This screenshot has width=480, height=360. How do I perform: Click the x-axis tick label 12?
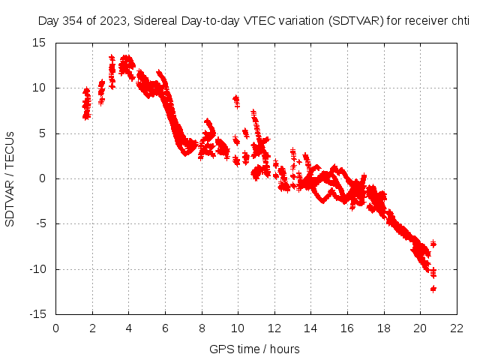[274, 328]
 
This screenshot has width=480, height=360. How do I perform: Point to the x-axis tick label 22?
[457, 328]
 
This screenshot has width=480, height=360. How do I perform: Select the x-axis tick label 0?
[56, 328]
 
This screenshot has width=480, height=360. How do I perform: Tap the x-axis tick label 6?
[166, 328]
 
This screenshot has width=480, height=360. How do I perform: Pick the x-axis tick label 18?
[384, 328]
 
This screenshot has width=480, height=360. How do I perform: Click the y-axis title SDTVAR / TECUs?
[10, 178]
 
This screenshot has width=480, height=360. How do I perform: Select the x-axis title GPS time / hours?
[255, 349]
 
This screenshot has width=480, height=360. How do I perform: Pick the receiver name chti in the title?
[459, 22]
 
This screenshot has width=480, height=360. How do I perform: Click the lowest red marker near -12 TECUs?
[433, 289]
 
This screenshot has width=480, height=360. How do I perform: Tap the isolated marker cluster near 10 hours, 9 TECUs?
[236, 100]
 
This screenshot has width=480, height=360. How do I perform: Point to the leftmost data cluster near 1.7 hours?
[86, 103]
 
